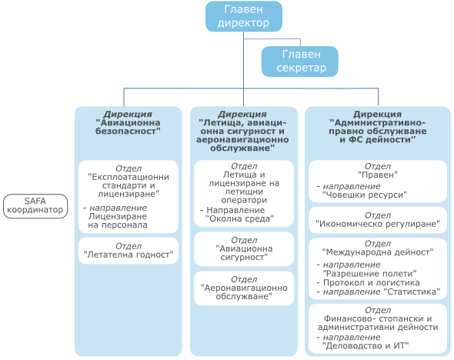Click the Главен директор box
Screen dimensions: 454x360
coord(244,16)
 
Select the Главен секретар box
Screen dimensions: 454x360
coord(299,62)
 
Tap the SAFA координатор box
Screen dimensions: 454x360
coord(35,206)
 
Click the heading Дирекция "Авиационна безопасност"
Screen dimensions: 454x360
coord(128,123)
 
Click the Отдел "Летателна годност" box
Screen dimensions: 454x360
coord(129,251)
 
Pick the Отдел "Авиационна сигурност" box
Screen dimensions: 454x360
coord(244,249)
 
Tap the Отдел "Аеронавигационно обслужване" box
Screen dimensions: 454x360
coord(244,288)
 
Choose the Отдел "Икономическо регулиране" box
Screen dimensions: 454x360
coord(378,220)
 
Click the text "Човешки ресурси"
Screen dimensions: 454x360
coord(365,195)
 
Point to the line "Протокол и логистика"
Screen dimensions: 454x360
coord(368,283)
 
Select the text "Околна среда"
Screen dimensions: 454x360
coord(239,218)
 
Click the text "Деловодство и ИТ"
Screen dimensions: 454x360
coord(366,346)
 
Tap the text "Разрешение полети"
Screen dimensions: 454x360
coord(369,274)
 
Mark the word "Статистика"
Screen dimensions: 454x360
coord(412,292)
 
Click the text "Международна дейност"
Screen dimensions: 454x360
coord(378,252)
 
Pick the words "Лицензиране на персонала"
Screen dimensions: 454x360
coord(118,221)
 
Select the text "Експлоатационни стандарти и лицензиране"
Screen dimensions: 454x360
coord(129,185)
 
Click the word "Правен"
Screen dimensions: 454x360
coord(378,175)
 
